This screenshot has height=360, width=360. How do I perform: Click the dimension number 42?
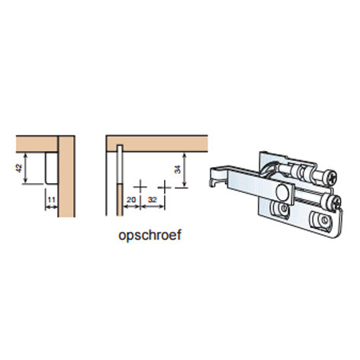point(19,169)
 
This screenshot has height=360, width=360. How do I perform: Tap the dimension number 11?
point(52,200)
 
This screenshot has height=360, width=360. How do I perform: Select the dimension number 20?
point(131,200)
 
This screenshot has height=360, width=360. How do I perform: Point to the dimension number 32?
point(153,200)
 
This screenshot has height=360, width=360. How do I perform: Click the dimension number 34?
point(178,169)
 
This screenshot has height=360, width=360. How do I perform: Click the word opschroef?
point(150,235)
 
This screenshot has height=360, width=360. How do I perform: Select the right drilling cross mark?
point(165,188)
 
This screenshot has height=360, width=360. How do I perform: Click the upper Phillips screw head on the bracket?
point(331,176)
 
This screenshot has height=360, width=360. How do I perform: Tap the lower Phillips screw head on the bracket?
point(334,203)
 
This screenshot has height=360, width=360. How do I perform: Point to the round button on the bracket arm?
point(282,192)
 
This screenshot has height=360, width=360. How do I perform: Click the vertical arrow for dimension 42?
point(25,168)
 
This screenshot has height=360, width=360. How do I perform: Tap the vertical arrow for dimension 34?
point(185,170)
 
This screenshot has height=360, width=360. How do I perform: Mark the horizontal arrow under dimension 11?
point(52,207)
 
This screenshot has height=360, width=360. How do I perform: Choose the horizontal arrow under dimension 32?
point(153,207)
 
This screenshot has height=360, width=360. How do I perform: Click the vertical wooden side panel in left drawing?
point(66,176)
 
